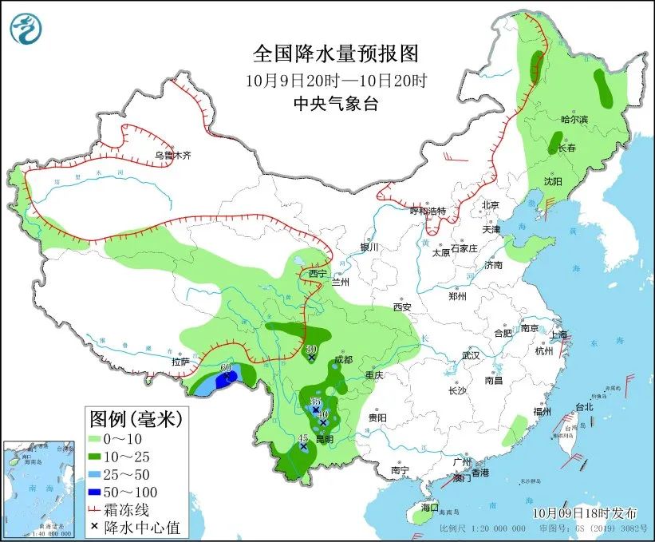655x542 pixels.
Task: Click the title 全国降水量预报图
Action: [x=335, y=54]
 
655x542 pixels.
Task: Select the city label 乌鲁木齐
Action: [x=173, y=156]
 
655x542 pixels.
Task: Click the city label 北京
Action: [x=489, y=205]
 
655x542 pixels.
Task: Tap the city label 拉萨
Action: [x=181, y=362]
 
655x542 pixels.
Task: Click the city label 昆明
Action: [x=324, y=439]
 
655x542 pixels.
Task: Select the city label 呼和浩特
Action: [x=428, y=212]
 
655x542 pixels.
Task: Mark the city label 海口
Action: [x=430, y=508]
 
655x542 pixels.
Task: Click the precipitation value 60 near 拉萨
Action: [x=226, y=368]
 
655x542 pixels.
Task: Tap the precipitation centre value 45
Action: [x=302, y=438]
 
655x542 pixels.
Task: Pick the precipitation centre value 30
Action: [x=311, y=349]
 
